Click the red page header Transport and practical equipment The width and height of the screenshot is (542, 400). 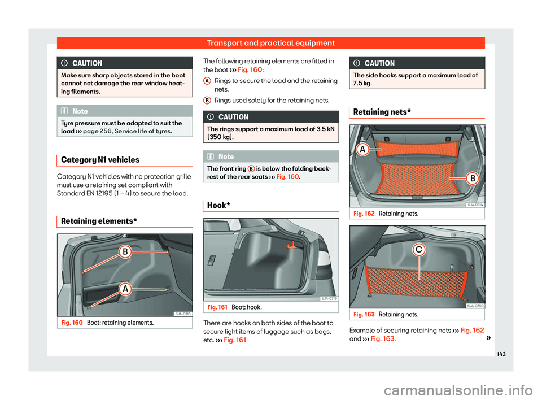click(271, 43)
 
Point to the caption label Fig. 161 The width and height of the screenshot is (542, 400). click(218, 307)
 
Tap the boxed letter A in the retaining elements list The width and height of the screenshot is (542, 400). click(207, 82)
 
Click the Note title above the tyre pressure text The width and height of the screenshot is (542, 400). click(80, 111)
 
